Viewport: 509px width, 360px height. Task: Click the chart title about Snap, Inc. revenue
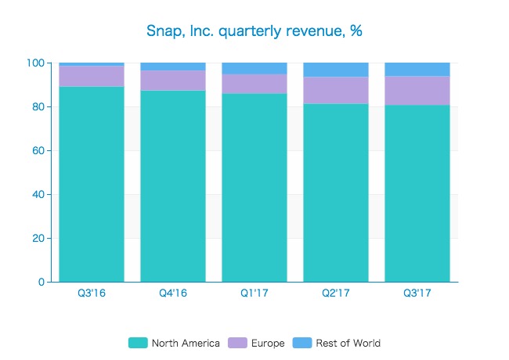tap(254, 31)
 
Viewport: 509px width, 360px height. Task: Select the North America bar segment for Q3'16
tap(92, 184)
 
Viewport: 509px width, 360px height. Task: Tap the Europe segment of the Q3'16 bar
tap(92, 76)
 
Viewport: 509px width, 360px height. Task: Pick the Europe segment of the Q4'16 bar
tap(173, 81)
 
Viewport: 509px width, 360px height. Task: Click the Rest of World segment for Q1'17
tap(254, 68)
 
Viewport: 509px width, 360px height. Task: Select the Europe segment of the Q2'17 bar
tap(336, 90)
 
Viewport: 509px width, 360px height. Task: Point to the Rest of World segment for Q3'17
tap(417, 69)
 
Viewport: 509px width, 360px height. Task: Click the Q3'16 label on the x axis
tap(92, 293)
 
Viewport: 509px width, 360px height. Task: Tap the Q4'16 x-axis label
tap(173, 293)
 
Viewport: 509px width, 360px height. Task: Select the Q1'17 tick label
tap(254, 293)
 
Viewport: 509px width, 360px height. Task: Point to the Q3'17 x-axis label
tap(417, 293)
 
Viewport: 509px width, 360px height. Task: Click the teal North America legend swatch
tap(138, 343)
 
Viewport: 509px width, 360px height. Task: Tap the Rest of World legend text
tap(348, 343)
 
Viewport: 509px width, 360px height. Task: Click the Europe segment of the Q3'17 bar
tap(417, 90)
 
